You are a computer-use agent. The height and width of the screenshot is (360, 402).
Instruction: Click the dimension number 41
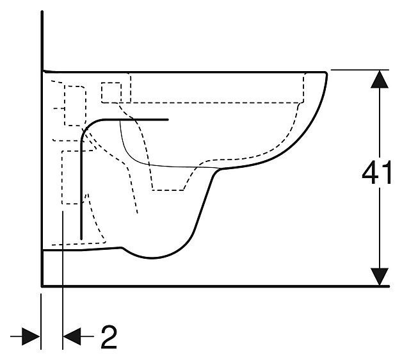coord(377,174)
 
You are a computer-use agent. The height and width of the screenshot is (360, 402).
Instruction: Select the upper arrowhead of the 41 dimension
coord(380,80)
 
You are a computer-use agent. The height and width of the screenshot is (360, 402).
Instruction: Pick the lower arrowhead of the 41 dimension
coord(380,275)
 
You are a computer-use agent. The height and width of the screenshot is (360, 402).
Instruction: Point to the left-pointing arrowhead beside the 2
coord(72,335)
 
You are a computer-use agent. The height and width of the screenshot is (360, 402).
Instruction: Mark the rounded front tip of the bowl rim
coord(327,76)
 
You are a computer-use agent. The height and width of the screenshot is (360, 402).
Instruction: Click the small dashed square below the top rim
coord(111,92)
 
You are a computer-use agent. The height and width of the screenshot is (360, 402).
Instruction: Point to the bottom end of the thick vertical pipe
coord(81,237)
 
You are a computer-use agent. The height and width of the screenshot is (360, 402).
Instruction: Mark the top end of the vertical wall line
coord(42,13)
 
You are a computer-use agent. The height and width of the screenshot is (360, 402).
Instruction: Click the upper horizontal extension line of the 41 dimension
coord(358,69)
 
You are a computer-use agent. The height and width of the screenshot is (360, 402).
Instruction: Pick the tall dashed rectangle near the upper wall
coord(76,105)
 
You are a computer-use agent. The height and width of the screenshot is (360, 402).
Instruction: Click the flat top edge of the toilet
coord(192,72)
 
